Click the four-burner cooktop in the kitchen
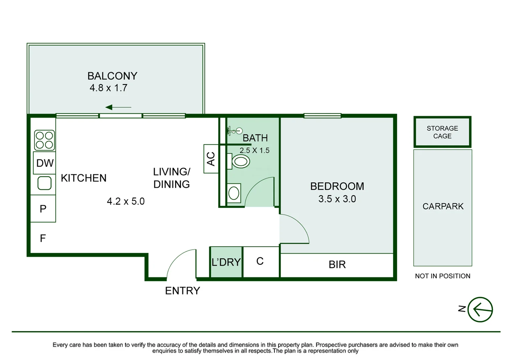pos(44,140)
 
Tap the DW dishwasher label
pos(45,163)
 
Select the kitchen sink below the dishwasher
pos(44,183)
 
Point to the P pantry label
pos(43,209)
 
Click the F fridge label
pos(43,238)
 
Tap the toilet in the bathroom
pos(238,161)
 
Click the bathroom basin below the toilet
pos(234,193)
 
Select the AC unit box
pos(211,159)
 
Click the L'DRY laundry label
pos(226,262)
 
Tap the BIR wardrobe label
pos(337,264)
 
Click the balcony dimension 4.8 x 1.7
pos(108,88)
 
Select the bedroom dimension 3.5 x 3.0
pos(337,199)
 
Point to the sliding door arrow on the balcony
pos(118,107)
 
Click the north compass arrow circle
pos(480,310)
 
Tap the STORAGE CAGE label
pos(442,132)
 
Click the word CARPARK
pos(443,206)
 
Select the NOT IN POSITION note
pos(443,276)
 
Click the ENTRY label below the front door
pos(182,291)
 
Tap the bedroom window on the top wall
pos(322,116)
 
